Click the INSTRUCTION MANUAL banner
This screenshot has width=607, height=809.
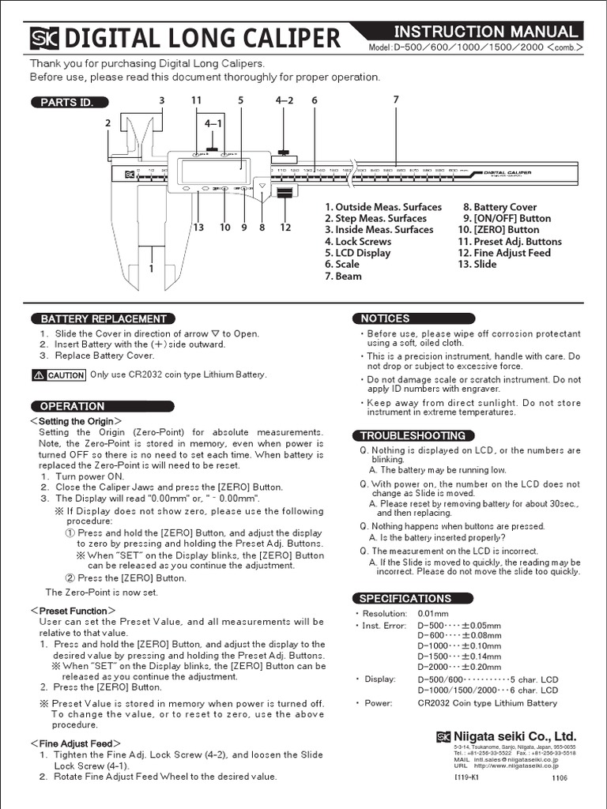click(485, 32)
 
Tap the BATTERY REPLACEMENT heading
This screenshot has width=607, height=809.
click(103, 319)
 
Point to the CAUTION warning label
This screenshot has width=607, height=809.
click(58, 375)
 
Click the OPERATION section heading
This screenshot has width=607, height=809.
click(72, 406)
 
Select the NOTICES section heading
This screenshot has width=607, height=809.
click(385, 318)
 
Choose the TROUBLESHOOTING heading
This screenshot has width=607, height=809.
click(413, 435)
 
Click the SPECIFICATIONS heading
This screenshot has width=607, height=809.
click(405, 598)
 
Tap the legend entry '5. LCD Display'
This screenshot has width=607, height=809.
click(357, 253)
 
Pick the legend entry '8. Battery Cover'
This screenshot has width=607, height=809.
click(500, 207)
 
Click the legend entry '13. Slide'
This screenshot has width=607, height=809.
click(477, 264)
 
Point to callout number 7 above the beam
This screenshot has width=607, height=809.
click(395, 99)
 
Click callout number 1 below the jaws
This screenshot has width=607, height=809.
click(151, 269)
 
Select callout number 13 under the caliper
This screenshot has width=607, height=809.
click(198, 228)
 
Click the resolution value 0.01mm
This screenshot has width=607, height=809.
click(433, 614)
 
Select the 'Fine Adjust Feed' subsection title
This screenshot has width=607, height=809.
click(75, 743)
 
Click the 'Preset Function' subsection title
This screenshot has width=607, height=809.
click(73, 611)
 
